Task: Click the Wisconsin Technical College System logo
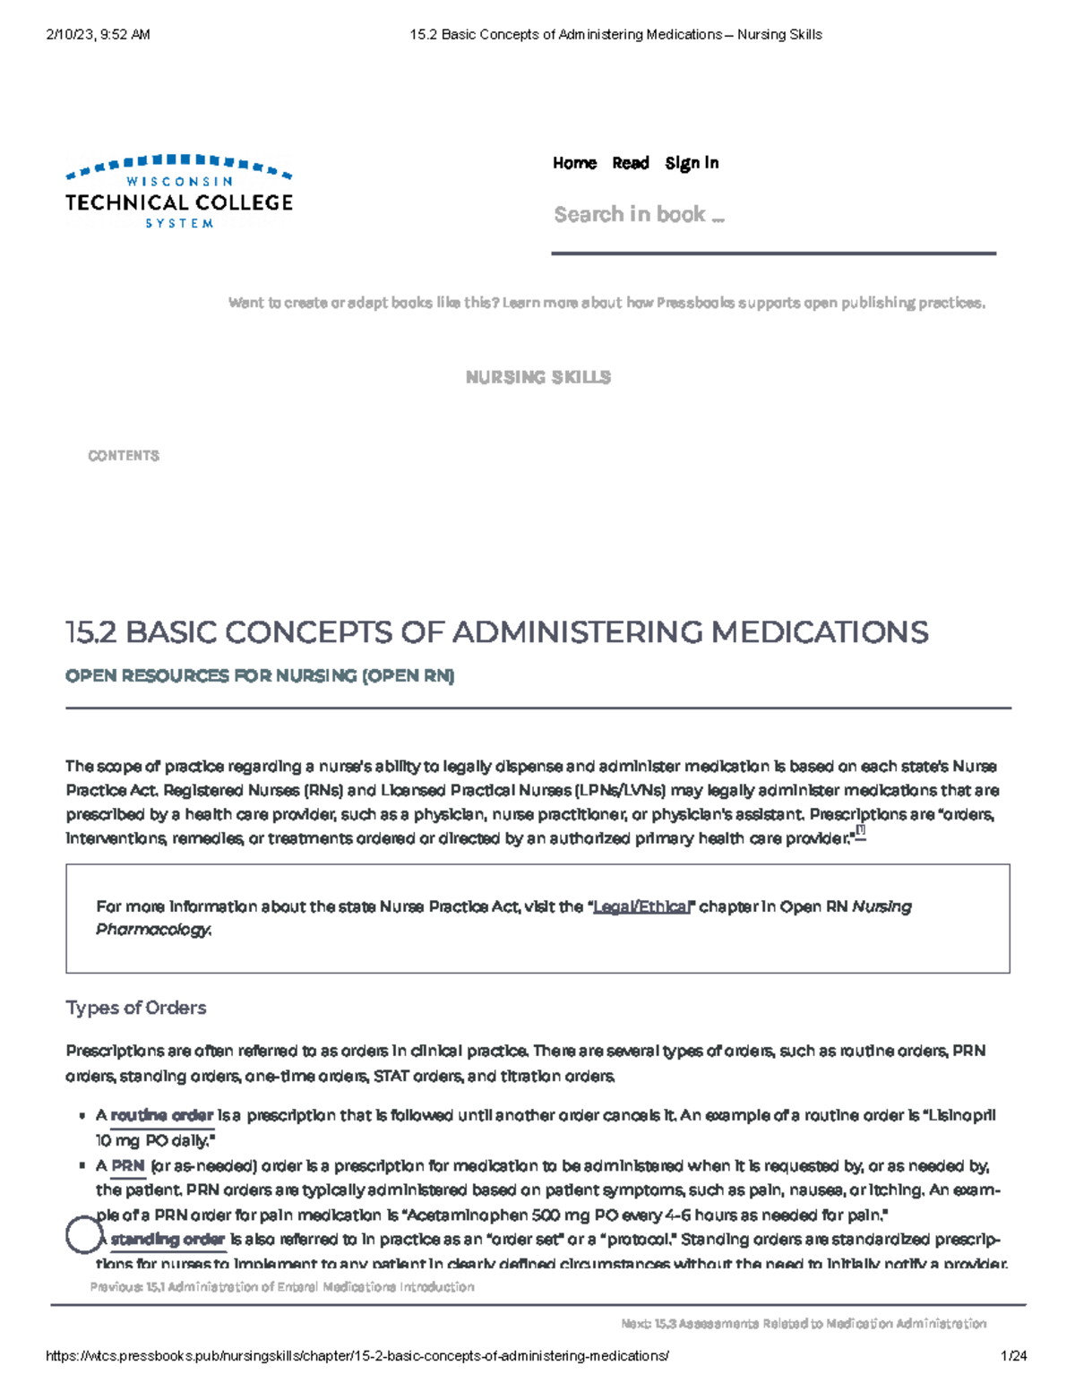[179, 192]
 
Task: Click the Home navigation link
[574, 163]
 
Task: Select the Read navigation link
[630, 163]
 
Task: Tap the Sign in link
[692, 163]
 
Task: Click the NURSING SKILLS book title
[537, 378]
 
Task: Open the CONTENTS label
[124, 456]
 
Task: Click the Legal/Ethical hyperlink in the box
[642, 907]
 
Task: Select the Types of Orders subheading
[136, 1008]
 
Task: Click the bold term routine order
[162, 1116]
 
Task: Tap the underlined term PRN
[128, 1166]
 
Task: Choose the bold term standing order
[168, 1241]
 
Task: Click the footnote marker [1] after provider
[860, 831]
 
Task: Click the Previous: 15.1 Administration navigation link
[282, 1287]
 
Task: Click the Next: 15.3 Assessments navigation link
[803, 1324]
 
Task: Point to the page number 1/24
[1014, 1356]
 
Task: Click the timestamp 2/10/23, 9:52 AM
[98, 35]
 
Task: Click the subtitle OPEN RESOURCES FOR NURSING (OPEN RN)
[260, 676]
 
